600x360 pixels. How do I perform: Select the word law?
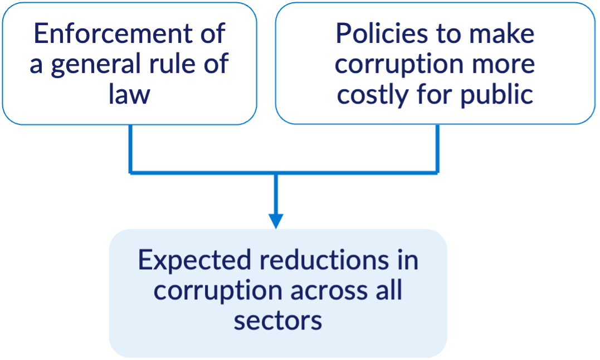click(x=129, y=94)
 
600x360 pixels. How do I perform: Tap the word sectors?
click(x=277, y=321)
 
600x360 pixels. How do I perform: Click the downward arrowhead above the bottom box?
click(x=276, y=221)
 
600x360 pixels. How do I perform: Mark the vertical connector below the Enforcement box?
click(x=131, y=148)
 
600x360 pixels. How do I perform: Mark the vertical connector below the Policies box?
click(x=437, y=148)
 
